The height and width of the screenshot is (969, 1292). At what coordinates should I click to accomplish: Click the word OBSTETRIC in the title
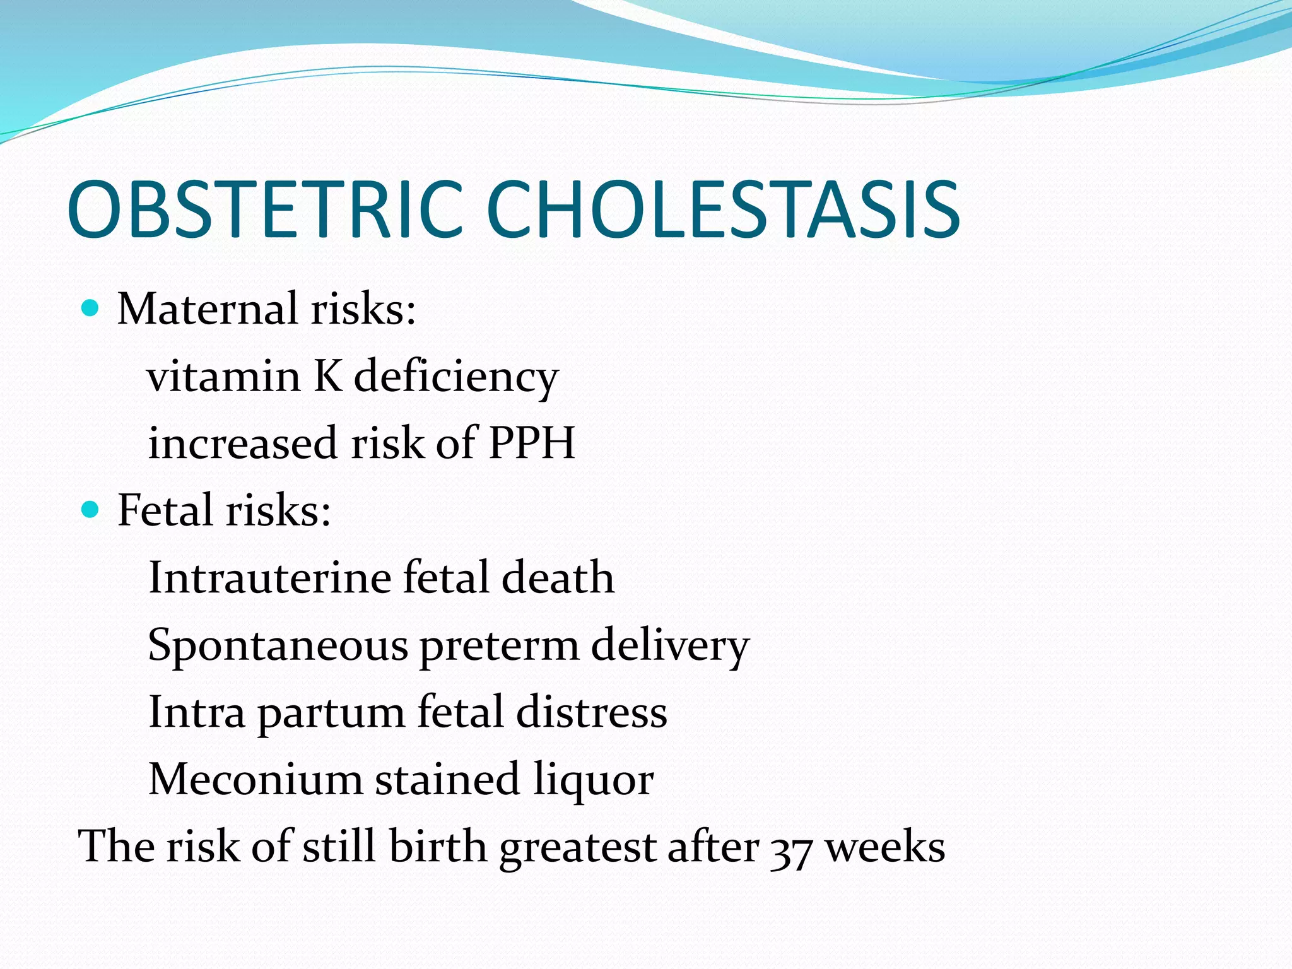pyautogui.click(x=265, y=209)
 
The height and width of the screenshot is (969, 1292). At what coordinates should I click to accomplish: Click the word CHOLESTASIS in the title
pyautogui.click(x=723, y=209)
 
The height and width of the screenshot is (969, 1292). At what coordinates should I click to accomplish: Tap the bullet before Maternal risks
pyautogui.click(x=91, y=308)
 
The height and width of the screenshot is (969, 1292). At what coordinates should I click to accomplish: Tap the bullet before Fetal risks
pyautogui.click(x=91, y=509)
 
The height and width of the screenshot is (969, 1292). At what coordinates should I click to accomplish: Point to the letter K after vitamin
pyautogui.click(x=327, y=377)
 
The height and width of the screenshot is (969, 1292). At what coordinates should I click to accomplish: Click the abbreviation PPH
pyautogui.click(x=532, y=443)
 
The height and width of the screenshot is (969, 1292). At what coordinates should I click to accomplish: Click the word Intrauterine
pyautogui.click(x=269, y=578)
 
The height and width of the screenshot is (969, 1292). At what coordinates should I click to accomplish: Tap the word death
pyautogui.click(x=558, y=578)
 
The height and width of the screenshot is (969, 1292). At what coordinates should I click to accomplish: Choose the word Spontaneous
pyautogui.click(x=278, y=647)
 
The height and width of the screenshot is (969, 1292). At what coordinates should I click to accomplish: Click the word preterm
pyautogui.click(x=499, y=647)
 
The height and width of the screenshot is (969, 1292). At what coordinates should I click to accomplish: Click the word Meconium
pyautogui.click(x=255, y=780)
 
